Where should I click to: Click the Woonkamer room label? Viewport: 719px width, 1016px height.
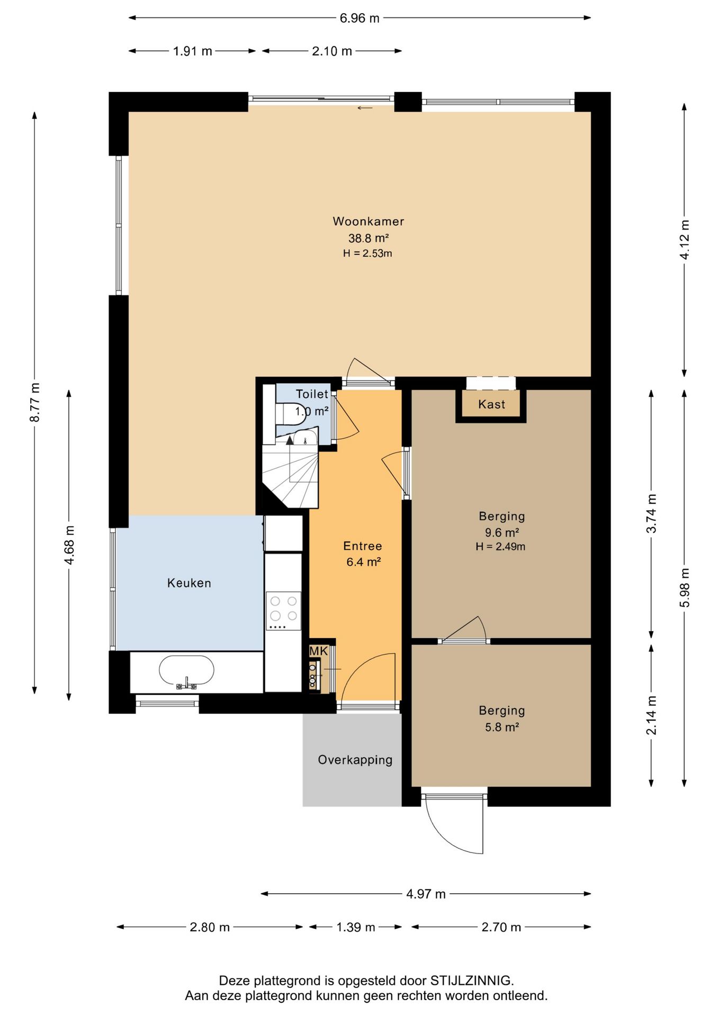pyautogui.click(x=369, y=221)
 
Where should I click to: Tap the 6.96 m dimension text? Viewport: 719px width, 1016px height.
pyautogui.click(x=359, y=18)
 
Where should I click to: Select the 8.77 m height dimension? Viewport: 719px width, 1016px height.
pyautogui.click(x=34, y=402)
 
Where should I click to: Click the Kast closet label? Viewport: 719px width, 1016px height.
pyautogui.click(x=491, y=404)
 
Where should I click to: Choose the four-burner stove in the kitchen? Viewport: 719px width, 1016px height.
pyautogui.click(x=283, y=610)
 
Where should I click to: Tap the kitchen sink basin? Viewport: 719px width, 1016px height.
pyautogui.click(x=187, y=670)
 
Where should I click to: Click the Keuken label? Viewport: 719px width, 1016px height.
pyautogui.click(x=189, y=583)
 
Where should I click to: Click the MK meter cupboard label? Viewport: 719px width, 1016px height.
pyautogui.click(x=319, y=651)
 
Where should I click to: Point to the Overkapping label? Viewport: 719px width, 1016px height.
pyautogui.click(x=355, y=760)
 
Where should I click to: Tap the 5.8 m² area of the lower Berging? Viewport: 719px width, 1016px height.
pyautogui.click(x=502, y=727)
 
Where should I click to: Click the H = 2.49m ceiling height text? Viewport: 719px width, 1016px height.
pyautogui.click(x=500, y=547)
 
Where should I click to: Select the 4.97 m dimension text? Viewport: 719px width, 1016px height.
pyautogui.click(x=426, y=894)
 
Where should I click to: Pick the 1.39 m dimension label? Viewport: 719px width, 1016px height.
pyautogui.click(x=356, y=927)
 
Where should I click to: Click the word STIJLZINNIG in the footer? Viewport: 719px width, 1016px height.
pyautogui.click(x=471, y=981)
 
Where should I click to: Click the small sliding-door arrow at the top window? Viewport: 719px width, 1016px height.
pyautogui.click(x=365, y=108)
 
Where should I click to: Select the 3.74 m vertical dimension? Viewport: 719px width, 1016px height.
pyautogui.click(x=651, y=513)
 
